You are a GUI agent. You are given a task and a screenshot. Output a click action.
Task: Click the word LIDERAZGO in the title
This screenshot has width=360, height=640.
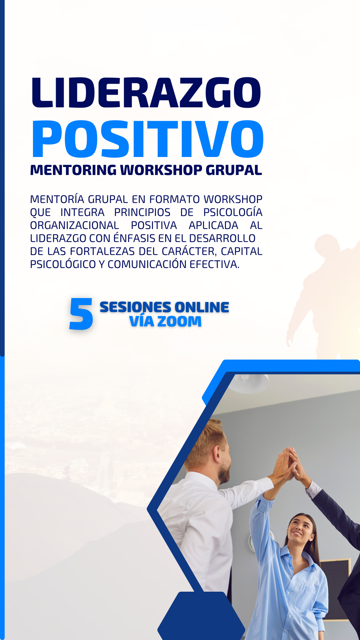point(146,93)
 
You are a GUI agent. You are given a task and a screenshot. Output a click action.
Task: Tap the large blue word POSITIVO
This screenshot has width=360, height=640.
point(148,139)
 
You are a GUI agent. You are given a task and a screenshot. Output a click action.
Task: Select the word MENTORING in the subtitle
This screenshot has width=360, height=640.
point(73,170)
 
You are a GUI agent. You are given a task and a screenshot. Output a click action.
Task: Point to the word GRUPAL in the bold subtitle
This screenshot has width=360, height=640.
point(234,170)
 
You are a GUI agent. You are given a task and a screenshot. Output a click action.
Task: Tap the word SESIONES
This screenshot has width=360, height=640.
point(135,307)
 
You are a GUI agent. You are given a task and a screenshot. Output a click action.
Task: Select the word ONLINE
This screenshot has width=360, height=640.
point(202,307)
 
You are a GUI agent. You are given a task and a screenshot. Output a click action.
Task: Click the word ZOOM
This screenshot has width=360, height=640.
point(179,321)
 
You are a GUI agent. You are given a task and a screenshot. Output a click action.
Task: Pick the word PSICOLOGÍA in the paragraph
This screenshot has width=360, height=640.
point(233,212)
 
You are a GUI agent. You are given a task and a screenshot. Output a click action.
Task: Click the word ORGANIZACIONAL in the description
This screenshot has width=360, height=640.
point(74,225)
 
